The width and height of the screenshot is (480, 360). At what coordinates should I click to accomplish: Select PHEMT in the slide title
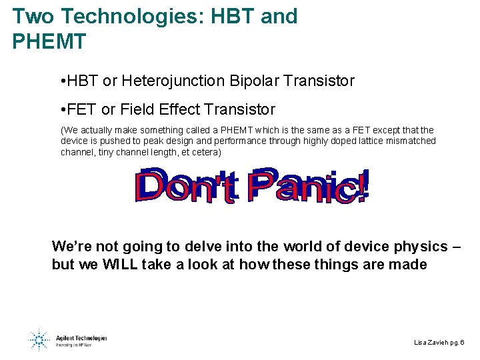pos(49,42)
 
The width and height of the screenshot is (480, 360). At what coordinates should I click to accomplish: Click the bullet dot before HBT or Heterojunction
pos(62,82)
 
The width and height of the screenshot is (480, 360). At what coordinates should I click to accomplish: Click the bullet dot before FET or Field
pos(62,109)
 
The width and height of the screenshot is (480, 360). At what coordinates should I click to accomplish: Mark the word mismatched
pos(411,141)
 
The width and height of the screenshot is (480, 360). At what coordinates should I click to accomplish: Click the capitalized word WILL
pos(120,264)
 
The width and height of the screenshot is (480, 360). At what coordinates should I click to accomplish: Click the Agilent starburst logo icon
pos(39,339)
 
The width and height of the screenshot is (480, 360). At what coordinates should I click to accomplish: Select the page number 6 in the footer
pos(462,342)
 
